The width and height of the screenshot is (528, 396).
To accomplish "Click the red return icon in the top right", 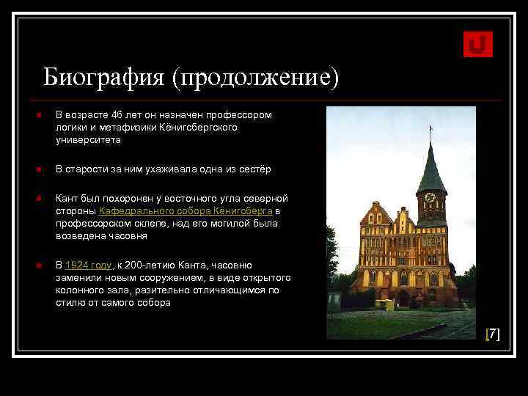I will click(478, 44).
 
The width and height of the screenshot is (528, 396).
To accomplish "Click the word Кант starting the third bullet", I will click(68, 199).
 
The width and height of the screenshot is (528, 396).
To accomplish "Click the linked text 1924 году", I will click(88, 265).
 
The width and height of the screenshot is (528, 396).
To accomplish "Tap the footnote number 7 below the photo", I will click(494, 334).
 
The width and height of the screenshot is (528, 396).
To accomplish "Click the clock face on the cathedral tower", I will click(430, 198).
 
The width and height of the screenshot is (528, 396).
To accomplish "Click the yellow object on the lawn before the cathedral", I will click(384, 304).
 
